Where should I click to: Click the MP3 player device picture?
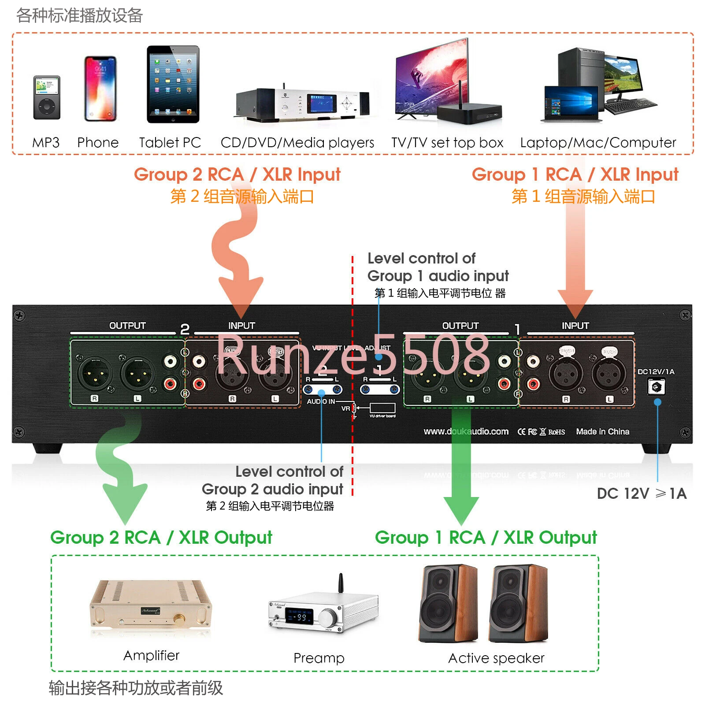pyautogui.click(x=47, y=97)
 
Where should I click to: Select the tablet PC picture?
pyautogui.click(x=173, y=84)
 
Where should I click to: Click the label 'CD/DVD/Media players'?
pyautogui.click(x=297, y=142)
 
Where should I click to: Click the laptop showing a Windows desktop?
pyautogui.click(x=571, y=104)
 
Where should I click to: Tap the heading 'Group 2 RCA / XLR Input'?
pyautogui.click(x=237, y=174)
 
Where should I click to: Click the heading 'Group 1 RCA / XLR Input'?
pyautogui.click(x=575, y=174)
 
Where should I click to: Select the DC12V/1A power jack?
pyautogui.click(x=656, y=387)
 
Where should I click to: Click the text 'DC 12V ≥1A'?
pyautogui.click(x=642, y=493)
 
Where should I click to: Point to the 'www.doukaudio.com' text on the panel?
pyautogui.click(x=466, y=431)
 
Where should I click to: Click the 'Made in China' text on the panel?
pyautogui.click(x=602, y=431)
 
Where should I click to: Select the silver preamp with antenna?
pyautogui.click(x=323, y=609)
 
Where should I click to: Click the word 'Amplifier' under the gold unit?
pyautogui.click(x=151, y=656)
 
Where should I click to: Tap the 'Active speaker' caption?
pyautogui.click(x=496, y=658)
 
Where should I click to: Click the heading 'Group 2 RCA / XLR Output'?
pyautogui.click(x=161, y=538)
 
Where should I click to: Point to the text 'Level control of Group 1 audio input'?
pyautogui.click(x=438, y=267)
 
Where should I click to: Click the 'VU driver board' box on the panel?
pyautogui.click(x=382, y=408)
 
